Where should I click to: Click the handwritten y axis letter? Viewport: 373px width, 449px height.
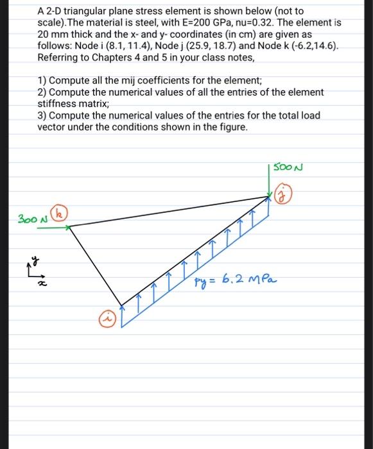coord(37,261)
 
